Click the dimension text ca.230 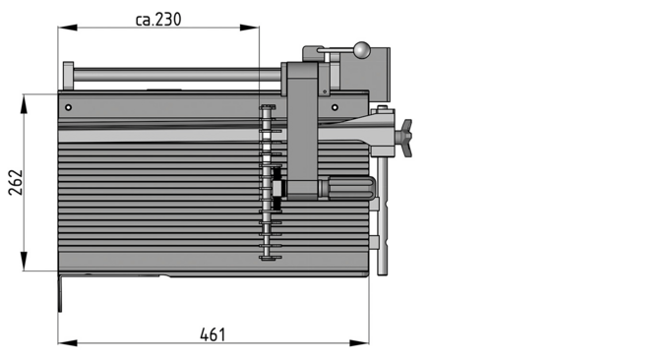[157, 18]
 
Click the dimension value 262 [14, 183]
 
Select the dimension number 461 [213, 334]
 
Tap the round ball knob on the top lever [364, 48]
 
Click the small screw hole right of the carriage [335, 106]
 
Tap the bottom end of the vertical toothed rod [267, 258]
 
